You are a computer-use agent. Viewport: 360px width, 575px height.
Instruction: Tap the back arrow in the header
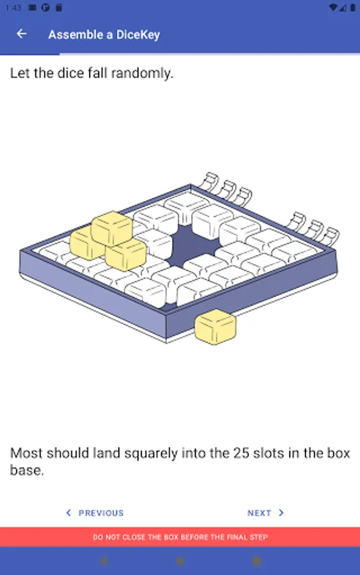click(x=22, y=34)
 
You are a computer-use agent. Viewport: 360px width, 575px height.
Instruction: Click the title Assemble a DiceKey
click(x=104, y=34)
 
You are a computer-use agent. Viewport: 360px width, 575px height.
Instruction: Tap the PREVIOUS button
click(x=95, y=512)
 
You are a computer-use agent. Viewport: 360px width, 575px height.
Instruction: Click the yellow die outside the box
click(x=215, y=326)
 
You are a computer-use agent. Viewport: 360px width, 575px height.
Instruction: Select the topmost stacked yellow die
click(x=112, y=228)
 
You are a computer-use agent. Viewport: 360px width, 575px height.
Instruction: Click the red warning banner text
click(x=180, y=537)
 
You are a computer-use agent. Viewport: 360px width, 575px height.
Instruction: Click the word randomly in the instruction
click(x=143, y=73)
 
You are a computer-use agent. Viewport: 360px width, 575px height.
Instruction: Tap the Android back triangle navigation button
click(x=104, y=561)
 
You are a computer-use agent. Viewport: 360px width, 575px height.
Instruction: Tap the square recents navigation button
click(x=257, y=561)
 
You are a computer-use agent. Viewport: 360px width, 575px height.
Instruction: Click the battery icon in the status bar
click(x=353, y=7)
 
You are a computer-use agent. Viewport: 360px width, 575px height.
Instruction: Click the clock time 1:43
click(x=13, y=8)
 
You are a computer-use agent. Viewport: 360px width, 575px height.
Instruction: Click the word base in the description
click(x=27, y=470)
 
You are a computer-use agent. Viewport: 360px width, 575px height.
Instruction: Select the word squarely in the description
click(x=151, y=454)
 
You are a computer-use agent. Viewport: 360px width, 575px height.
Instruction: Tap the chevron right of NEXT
click(x=281, y=512)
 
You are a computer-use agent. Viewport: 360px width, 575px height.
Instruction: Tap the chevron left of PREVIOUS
click(x=68, y=512)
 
